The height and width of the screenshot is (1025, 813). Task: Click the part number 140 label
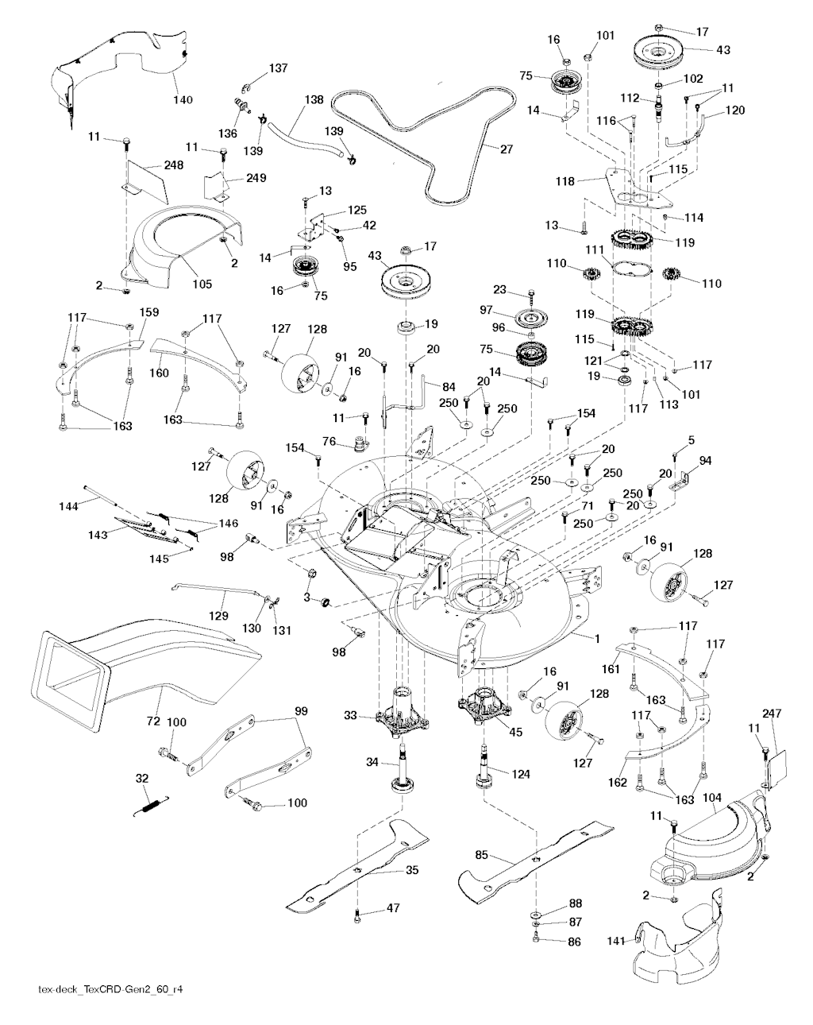coord(183,99)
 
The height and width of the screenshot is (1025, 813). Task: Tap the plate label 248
coord(173,165)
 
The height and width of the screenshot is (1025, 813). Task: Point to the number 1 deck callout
coord(594,638)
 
